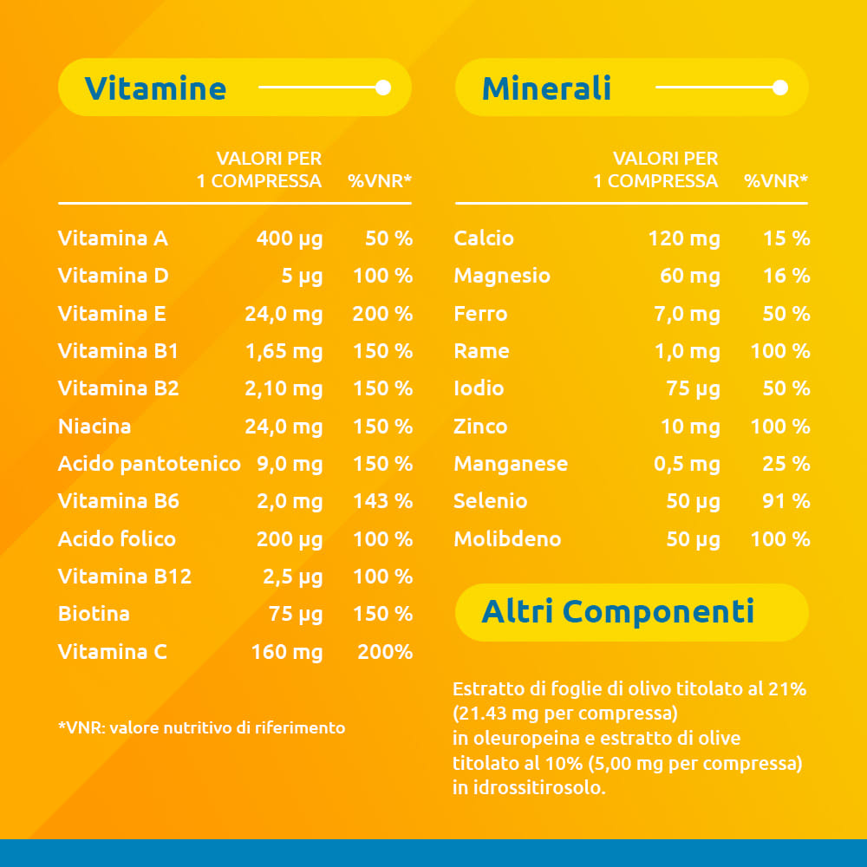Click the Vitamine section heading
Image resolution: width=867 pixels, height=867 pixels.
(155, 88)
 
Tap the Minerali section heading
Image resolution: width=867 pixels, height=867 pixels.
(546, 88)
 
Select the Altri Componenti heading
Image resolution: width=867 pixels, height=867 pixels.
(617, 612)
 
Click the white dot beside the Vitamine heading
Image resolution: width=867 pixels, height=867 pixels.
(383, 88)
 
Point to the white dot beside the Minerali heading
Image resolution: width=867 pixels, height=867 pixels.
(779, 88)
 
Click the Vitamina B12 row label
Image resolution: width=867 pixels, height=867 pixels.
(124, 577)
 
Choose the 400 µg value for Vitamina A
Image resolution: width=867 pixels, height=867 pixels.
(289, 238)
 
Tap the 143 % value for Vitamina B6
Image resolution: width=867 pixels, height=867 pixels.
(382, 501)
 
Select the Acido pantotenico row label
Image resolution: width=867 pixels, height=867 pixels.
(149, 464)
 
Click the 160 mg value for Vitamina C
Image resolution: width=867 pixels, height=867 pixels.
(286, 652)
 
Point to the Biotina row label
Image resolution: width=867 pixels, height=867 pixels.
(94, 614)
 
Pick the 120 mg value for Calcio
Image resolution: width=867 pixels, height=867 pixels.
(684, 238)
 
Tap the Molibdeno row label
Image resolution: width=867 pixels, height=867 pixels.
(507, 539)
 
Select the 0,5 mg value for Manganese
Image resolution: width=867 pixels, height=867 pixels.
(687, 464)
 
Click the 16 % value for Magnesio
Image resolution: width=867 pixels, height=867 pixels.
(786, 276)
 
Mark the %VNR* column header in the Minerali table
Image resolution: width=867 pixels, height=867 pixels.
(776, 181)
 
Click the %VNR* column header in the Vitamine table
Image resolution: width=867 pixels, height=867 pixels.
(380, 181)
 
